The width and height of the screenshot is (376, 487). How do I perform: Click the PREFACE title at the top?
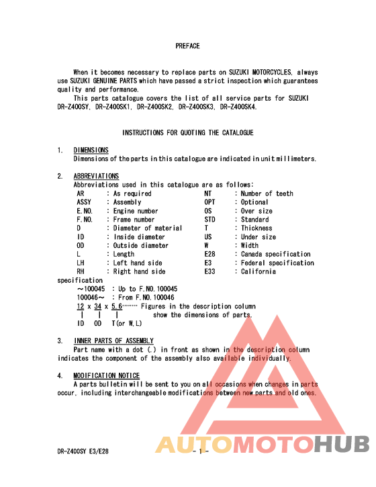(187, 46)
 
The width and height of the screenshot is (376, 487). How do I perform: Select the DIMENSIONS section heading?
(91, 150)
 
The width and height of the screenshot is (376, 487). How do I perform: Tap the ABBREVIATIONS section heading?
(96, 176)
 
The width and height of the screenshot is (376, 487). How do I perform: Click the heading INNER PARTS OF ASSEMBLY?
(113, 341)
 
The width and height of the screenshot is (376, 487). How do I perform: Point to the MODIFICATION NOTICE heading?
(107, 375)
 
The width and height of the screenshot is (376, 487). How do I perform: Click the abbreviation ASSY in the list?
(84, 202)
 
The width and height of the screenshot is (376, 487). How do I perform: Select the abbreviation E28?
(209, 255)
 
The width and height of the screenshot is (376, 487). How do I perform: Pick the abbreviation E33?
(209, 272)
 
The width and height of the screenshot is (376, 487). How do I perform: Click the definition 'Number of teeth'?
(267, 193)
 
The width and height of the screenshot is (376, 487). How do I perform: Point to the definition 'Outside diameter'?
(141, 246)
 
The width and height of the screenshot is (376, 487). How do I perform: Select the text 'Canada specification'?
(276, 255)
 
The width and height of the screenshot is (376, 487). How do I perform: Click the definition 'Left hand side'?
(138, 263)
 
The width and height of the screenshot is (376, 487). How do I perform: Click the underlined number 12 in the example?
(81, 306)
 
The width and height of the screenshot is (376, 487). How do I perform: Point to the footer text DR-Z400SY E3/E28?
(83, 452)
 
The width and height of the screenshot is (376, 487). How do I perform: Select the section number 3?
(60, 341)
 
